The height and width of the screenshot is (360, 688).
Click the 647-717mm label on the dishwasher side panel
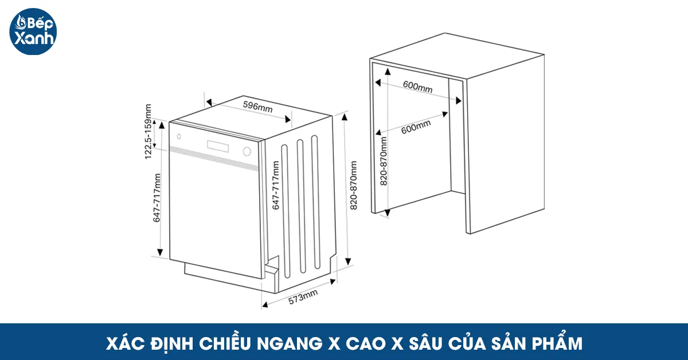[276, 185]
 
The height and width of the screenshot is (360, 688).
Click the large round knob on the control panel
[247, 152]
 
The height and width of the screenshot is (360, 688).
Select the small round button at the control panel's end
[179, 137]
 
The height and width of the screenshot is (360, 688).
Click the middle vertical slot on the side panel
[299, 206]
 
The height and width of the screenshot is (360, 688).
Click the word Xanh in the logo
[37, 40]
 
